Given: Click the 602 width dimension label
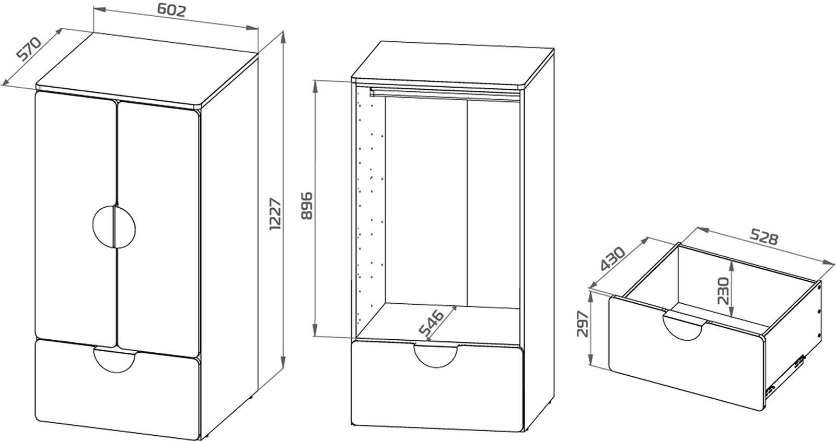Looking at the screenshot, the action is coord(171,10).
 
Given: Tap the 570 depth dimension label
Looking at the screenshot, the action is coord(29,49).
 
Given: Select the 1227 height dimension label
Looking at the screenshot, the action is coord(275,214).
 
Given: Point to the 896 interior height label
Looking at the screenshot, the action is coord(307,206).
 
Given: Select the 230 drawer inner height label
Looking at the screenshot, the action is coord(723,291).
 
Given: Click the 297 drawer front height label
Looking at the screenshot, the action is coord(583,324).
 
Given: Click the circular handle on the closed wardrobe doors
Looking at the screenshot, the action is coord(114,227).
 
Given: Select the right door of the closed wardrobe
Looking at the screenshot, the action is coord(159,228).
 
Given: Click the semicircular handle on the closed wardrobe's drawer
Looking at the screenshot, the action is coord(115,360).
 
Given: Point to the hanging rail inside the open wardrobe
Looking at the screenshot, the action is coord(445,94).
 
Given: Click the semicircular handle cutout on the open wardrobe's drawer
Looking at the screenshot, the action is coord(436,356).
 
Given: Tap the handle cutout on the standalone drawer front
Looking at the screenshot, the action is coord(682,327).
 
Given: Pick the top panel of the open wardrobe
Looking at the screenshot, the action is coord(452,66).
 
